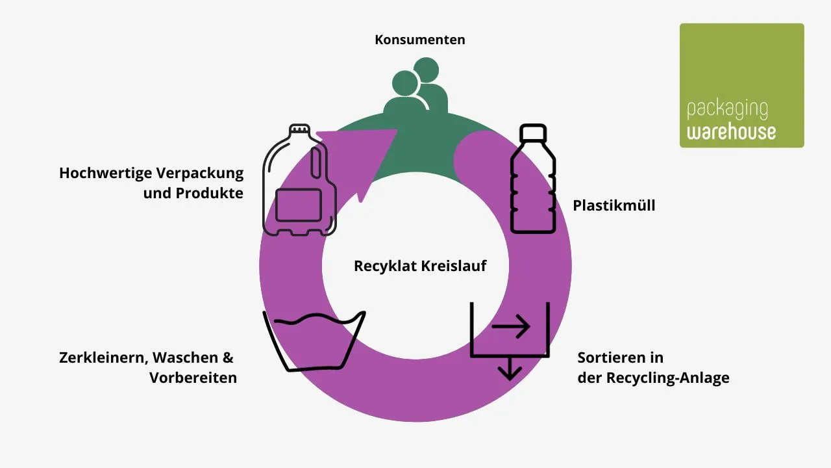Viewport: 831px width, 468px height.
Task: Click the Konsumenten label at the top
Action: point(419,40)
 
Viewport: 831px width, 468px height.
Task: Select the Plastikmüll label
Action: point(614,206)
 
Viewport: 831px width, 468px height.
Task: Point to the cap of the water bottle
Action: point(532,133)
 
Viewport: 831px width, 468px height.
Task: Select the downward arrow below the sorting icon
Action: point(510,369)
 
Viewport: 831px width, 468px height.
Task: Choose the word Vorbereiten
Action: point(193,378)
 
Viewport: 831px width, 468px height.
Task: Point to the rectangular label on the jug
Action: point(298,205)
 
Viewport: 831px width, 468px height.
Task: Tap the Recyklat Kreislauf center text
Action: point(419,266)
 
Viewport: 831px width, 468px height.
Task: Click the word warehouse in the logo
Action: point(731,131)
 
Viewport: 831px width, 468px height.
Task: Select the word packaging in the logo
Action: point(727,110)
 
